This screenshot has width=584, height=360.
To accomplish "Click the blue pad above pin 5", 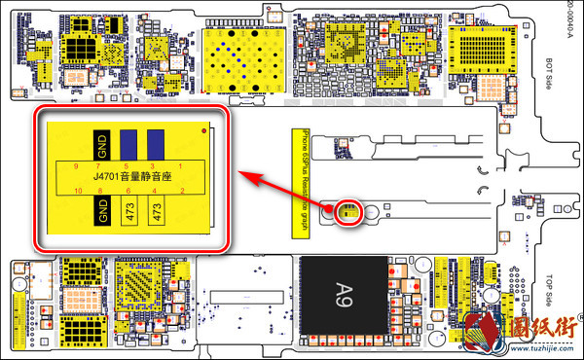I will click(x=129, y=144).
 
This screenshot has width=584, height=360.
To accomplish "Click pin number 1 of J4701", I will click(x=182, y=166).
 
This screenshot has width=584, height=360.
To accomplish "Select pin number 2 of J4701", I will click(x=182, y=190).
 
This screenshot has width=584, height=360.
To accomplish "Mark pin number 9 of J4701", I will click(x=76, y=166).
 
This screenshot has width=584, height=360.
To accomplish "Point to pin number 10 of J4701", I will click(x=76, y=190).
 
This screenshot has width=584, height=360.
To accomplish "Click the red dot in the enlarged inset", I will click(x=202, y=130).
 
